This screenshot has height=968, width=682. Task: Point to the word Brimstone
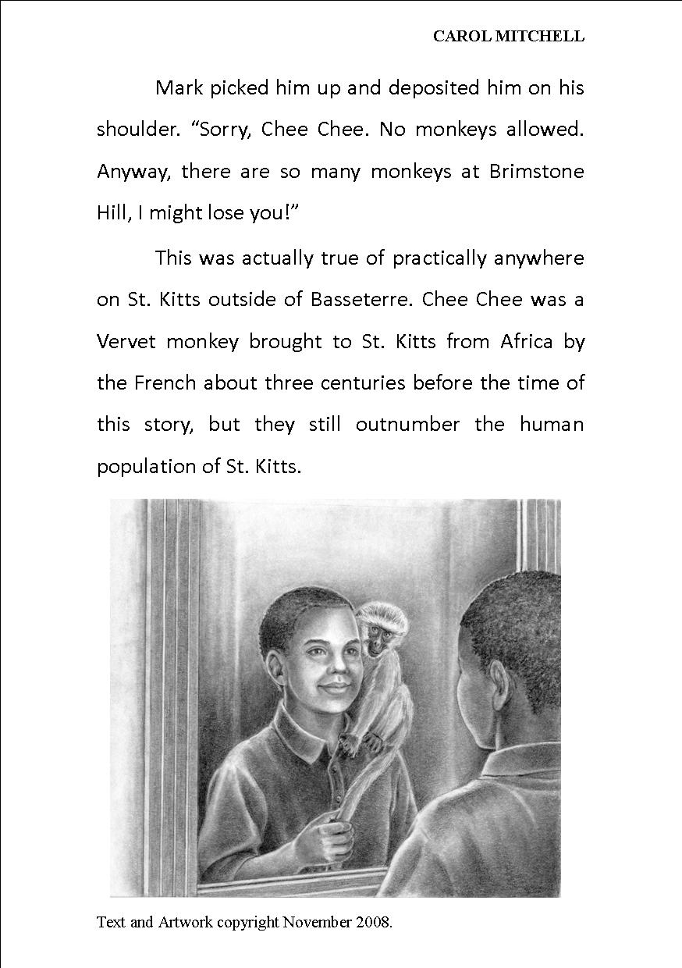(536, 172)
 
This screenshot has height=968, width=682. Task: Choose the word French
(168, 383)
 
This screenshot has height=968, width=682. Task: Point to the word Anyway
(130, 172)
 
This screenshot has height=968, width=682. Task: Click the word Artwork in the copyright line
(186, 923)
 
